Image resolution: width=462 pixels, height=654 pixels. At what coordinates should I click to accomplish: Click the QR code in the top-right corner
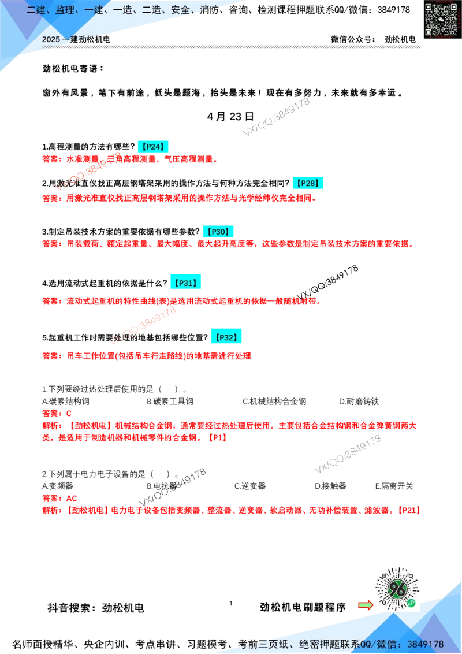[x=442, y=18]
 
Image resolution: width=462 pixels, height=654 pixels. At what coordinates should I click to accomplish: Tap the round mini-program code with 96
[x=397, y=589]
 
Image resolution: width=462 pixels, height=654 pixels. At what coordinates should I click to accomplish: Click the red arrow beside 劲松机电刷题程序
[x=366, y=605]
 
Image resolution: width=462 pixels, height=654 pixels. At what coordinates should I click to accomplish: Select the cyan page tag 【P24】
[x=153, y=146]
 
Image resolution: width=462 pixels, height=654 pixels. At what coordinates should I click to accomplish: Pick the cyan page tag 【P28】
[x=308, y=183]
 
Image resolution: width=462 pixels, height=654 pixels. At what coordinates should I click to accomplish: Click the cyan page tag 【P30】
[x=218, y=232]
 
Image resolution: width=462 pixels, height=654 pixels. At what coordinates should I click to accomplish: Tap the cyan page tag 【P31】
[x=185, y=283]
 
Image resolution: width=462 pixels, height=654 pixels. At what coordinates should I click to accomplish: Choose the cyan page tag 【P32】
[x=226, y=337]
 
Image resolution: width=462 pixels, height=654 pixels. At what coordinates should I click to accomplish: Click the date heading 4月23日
[x=230, y=116]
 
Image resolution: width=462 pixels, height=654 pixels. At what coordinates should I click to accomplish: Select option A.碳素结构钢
[x=66, y=402]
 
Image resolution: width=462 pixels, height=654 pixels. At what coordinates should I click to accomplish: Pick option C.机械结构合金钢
[x=274, y=402]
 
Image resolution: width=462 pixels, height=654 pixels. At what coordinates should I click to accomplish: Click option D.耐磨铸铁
[x=359, y=402]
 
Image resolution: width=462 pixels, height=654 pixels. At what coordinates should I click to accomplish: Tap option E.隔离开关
[x=394, y=486]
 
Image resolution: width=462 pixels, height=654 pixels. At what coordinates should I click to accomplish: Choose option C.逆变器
[x=250, y=486]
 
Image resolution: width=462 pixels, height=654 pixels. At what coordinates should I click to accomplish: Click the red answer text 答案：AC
[x=59, y=498]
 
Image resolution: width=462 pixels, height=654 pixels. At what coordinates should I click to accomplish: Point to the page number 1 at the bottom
[x=231, y=603]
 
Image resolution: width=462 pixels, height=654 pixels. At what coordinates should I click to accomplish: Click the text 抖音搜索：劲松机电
[x=96, y=608]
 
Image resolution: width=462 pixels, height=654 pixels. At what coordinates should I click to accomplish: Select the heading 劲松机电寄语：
[x=73, y=68]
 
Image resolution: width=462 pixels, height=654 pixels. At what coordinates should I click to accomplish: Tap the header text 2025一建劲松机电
[x=76, y=39]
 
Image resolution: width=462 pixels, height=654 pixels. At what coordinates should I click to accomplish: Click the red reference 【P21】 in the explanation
[x=409, y=510]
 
